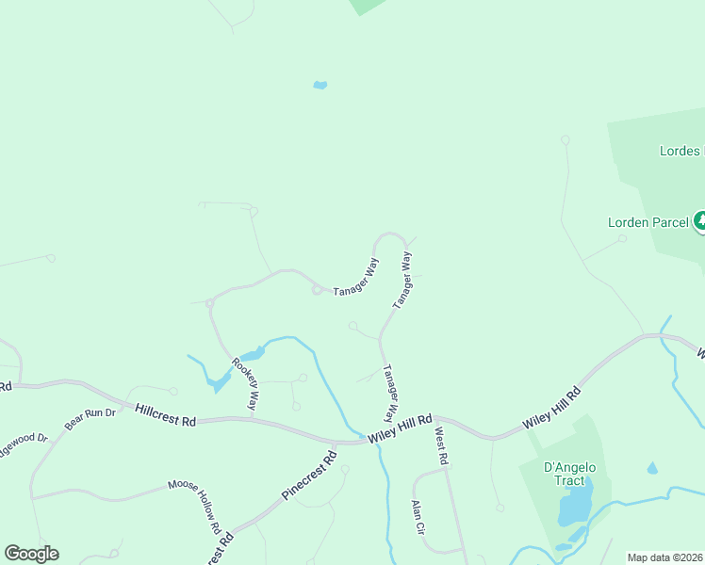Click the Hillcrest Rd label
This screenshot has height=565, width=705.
click(165, 415)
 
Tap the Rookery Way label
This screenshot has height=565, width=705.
click(243, 382)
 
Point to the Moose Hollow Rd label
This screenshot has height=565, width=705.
click(194, 505)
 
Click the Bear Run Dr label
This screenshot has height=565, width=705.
click(90, 419)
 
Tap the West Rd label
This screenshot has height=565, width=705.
click(440, 444)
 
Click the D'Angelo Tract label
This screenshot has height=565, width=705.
click(570, 475)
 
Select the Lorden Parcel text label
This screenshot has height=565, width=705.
click(648, 222)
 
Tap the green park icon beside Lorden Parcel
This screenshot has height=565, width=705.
click(699, 221)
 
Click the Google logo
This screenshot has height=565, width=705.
click(31, 554)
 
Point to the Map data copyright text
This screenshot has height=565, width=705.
click(665, 557)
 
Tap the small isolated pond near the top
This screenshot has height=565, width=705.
click(320, 85)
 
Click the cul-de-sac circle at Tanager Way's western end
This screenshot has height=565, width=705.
click(319, 290)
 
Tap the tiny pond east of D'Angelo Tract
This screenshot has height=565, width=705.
click(652, 468)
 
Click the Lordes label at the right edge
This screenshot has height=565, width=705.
click(680, 151)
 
